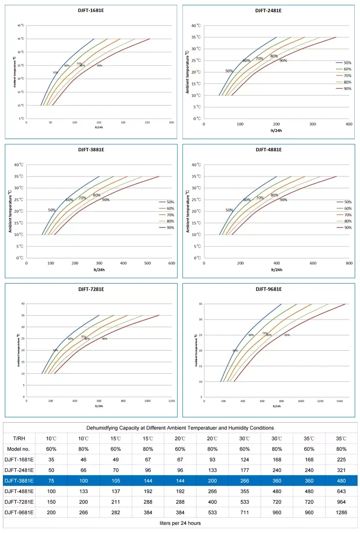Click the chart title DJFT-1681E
[91, 11]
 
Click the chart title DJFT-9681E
[268, 289]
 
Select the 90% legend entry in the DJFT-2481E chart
[348, 88]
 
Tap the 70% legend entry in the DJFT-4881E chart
[348, 215]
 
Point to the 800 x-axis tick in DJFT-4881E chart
[349, 263]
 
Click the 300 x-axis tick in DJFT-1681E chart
[171, 123]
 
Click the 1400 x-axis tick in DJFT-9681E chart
[339, 401]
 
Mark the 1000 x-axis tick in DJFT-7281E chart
[147, 401]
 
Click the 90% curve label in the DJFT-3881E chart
[106, 200]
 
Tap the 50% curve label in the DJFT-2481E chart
[229, 71]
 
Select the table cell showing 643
[341, 490]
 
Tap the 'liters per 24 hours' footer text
[180, 522]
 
